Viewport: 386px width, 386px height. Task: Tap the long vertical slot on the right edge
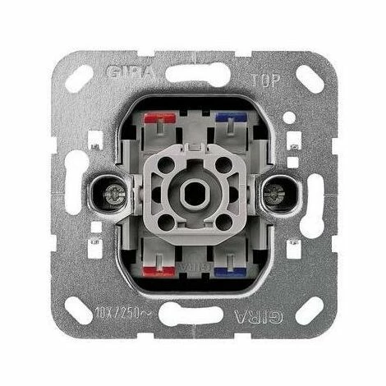pyautogui.click(x=313, y=195)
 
